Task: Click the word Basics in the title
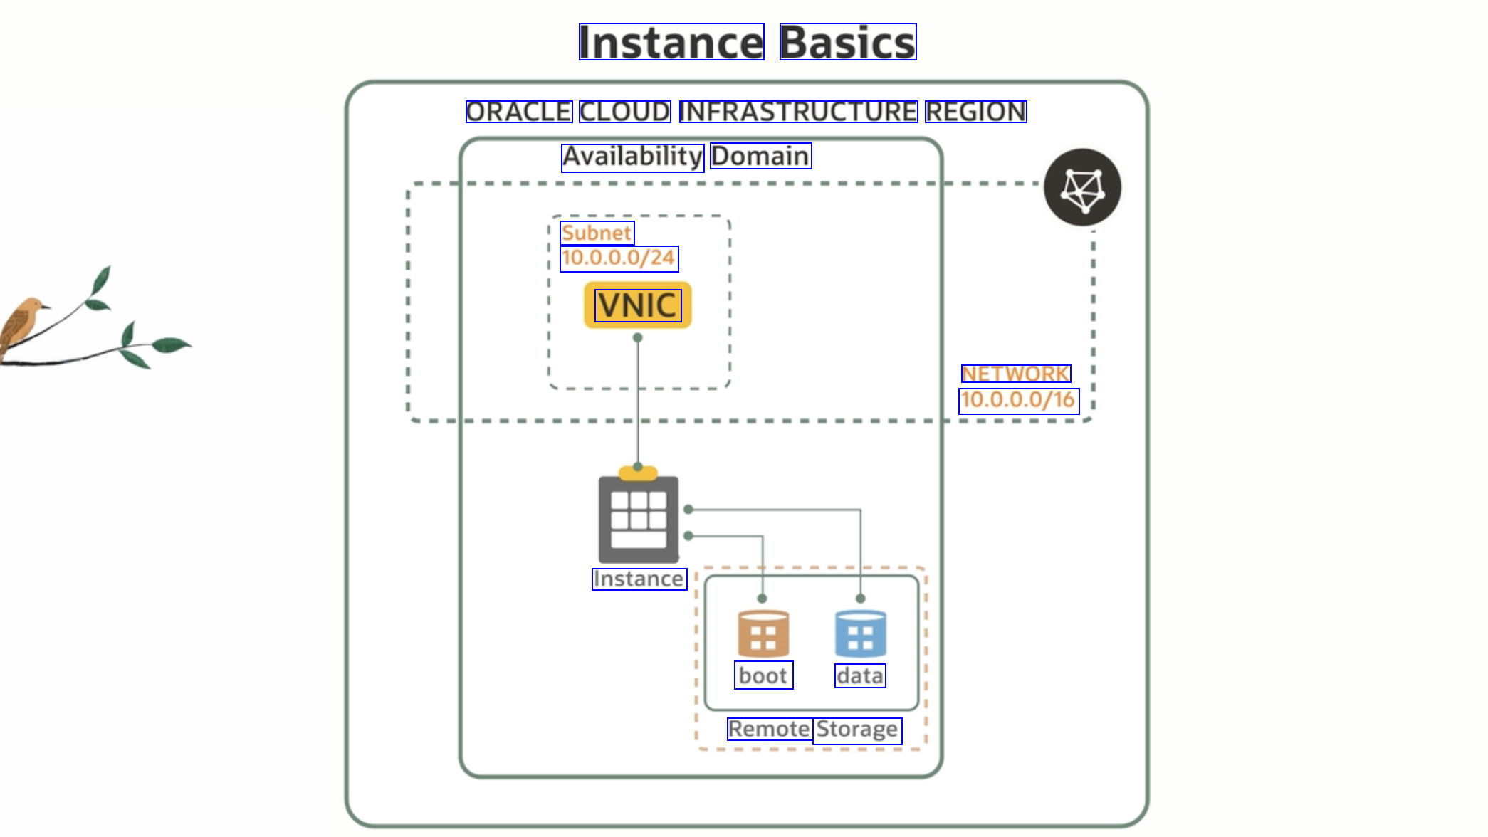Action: pyautogui.click(x=847, y=42)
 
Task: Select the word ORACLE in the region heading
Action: pyautogui.click(x=518, y=112)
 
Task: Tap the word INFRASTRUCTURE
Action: pyautogui.click(x=798, y=112)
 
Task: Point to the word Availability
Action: pyautogui.click(x=632, y=157)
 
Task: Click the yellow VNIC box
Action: pyautogui.click(x=638, y=305)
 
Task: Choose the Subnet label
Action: pyautogui.click(x=597, y=233)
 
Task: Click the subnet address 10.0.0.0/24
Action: pyautogui.click(x=619, y=258)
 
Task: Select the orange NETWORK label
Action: pyautogui.click(x=1015, y=374)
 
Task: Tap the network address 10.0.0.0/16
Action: pyautogui.click(x=1018, y=401)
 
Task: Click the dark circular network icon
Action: pyautogui.click(x=1082, y=188)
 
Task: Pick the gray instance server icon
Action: pyautogui.click(x=639, y=519)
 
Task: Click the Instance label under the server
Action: pyautogui.click(x=639, y=579)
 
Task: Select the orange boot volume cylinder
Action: pyautogui.click(x=763, y=633)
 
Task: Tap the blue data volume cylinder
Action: pyautogui.click(x=860, y=633)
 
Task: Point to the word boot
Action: pyautogui.click(x=763, y=675)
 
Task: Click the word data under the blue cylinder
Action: pyautogui.click(x=860, y=675)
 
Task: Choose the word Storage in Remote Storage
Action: pyautogui.click(x=857, y=730)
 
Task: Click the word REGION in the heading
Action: pyautogui.click(x=975, y=112)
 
